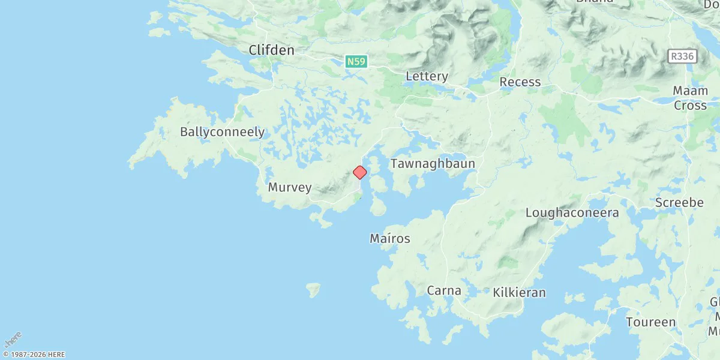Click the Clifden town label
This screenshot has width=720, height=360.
271,50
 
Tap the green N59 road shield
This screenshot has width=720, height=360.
355,61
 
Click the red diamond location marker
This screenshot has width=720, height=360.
359,173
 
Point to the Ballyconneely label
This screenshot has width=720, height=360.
222,132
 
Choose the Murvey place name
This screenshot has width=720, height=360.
290,187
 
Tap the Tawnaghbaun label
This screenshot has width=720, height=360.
433,164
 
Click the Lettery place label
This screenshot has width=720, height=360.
427,76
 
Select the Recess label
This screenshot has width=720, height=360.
520,82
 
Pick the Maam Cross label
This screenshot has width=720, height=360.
690,98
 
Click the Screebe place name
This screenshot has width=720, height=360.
679,203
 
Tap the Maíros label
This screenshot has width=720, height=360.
390,239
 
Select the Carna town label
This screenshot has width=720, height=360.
444,291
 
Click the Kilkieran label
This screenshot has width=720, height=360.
519,293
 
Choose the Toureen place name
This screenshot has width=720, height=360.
650,322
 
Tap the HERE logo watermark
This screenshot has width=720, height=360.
12,339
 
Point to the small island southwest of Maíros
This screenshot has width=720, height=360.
313,290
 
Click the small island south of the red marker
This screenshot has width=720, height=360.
378,208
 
